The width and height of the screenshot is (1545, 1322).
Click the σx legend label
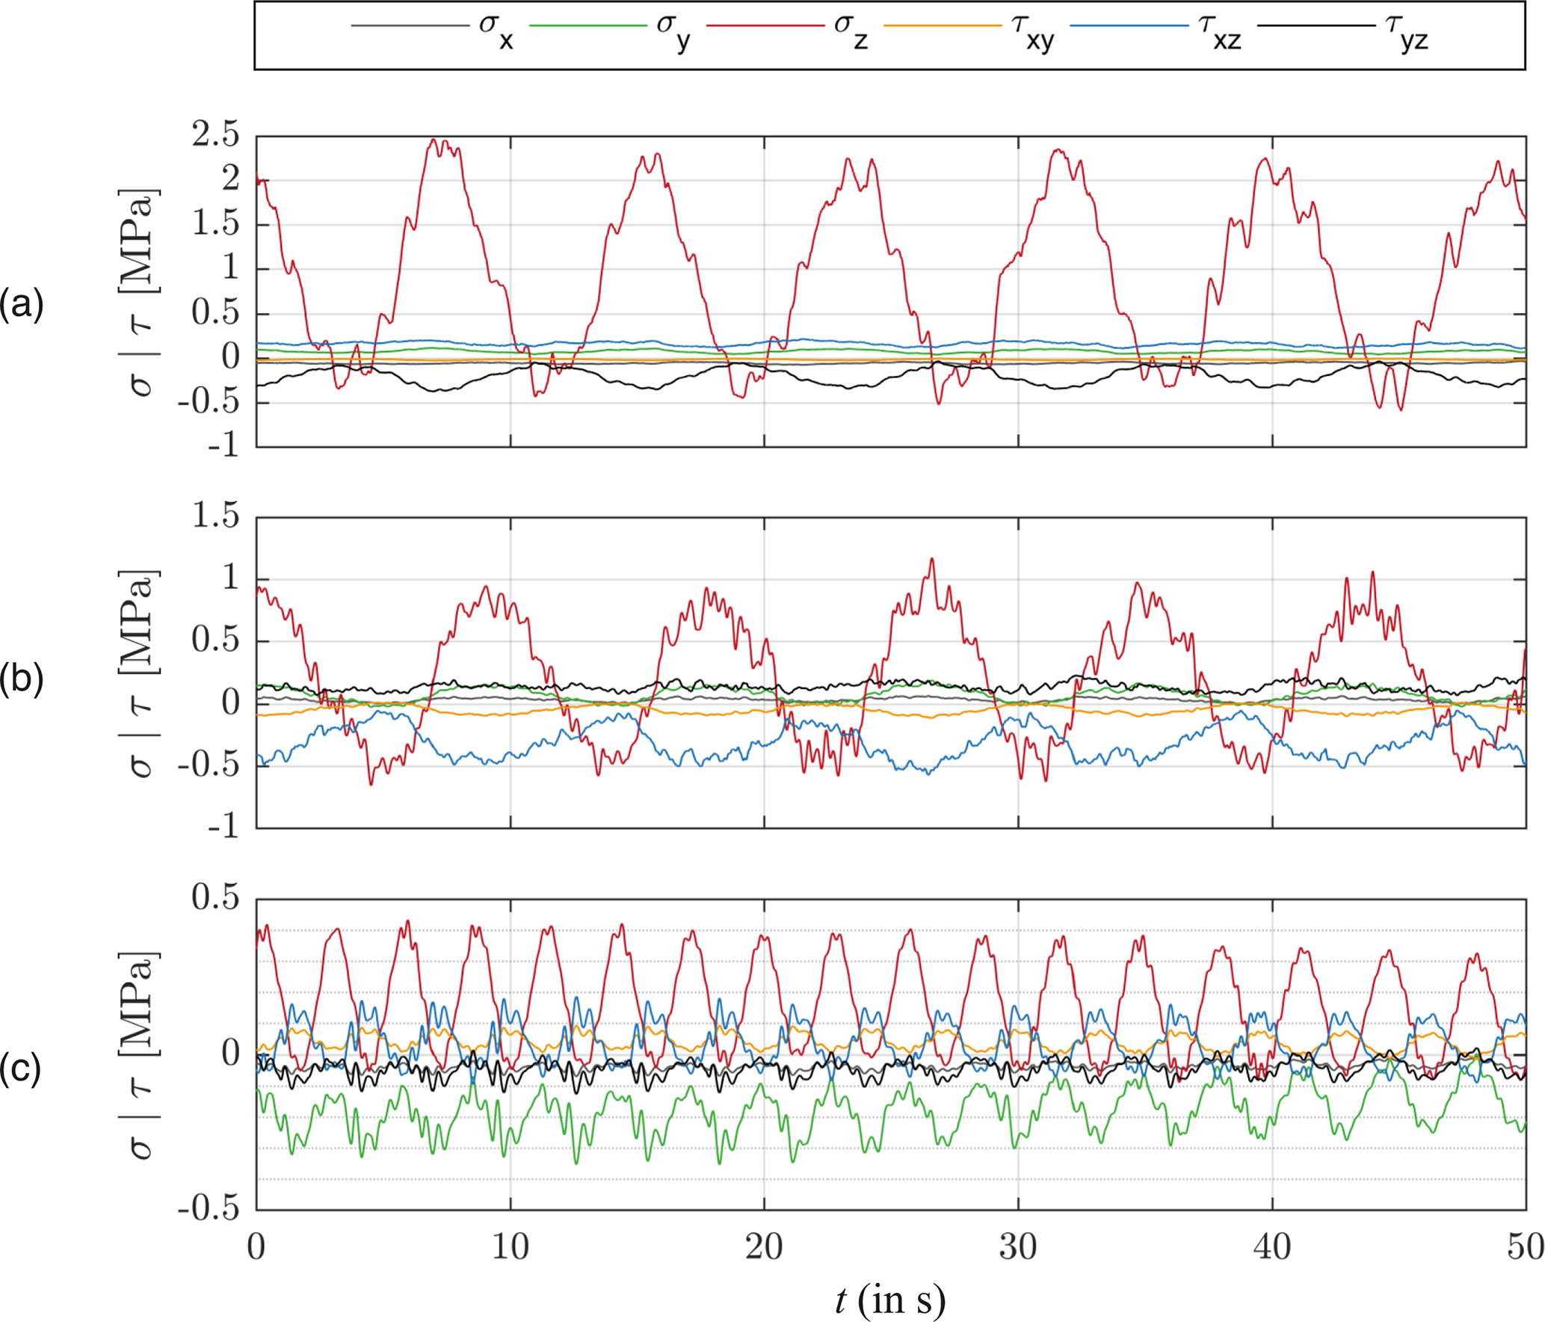pyautogui.click(x=496, y=31)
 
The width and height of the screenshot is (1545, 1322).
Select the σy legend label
pyautogui.click(x=673, y=31)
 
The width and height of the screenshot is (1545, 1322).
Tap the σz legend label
pyautogui.click(x=851, y=31)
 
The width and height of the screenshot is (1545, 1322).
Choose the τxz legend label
pyautogui.click(x=1219, y=31)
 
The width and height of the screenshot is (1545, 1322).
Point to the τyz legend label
pyautogui.click(x=1406, y=31)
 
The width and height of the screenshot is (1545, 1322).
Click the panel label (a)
pyautogui.click(x=22, y=305)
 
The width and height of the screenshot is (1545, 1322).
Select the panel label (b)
pyautogui.click(x=22, y=679)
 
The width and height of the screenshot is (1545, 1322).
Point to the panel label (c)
pyautogui.click(x=22, y=1069)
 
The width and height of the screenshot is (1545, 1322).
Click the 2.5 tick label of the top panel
pyautogui.click(x=215, y=135)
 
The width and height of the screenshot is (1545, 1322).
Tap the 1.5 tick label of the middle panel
pyautogui.click(x=215, y=516)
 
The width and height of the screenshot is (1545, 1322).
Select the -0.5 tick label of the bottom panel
pyautogui.click(x=209, y=1208)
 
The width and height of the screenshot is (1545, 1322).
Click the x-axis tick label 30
pyautogui.click(x=1018, y=1247)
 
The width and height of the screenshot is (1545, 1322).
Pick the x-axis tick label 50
pyautogui.click(x=1525, y=1247)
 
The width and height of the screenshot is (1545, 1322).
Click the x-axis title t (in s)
pyautogui.click(x=890, y=1300)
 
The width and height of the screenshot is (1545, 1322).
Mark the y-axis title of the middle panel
pyautogui.click(x=139, y=673)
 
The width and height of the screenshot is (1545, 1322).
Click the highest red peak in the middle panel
pyautogui.click(x=931, y=559)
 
